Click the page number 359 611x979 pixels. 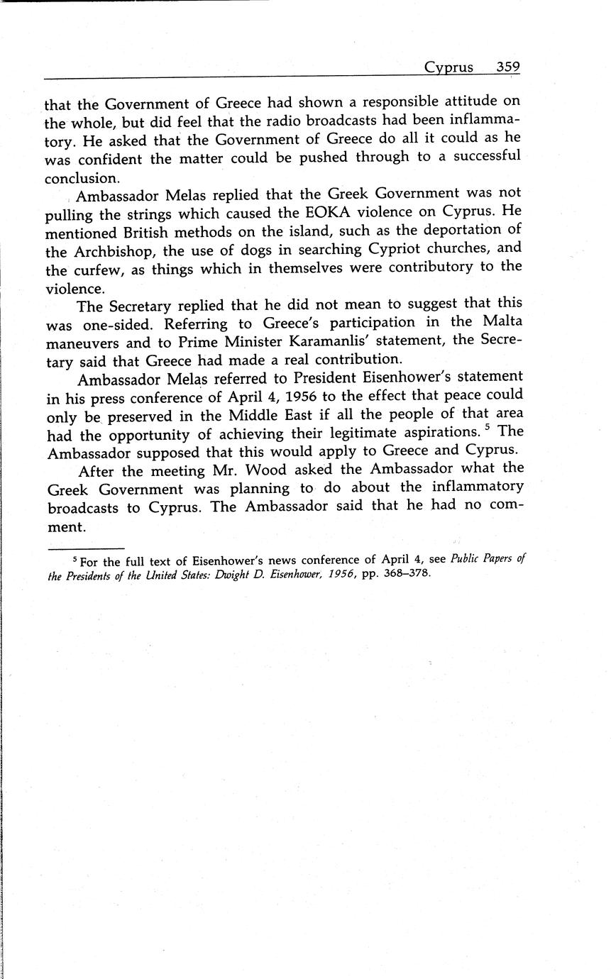tap(508, 67)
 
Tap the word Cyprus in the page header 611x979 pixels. tap(448, 68)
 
